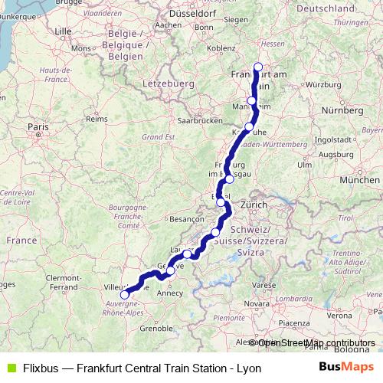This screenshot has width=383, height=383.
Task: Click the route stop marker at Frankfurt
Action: pyautogui.click(x=258, y=67)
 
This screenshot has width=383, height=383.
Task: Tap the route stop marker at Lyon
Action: pyautogui.click(x=125, y=294)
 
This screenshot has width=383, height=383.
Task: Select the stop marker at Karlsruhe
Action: pyautogui.click(x=248, y=127)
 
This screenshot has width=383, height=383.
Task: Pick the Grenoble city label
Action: pyautogui.click(x=157, y=329)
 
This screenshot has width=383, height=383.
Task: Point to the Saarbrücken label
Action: pyautogui.click(x=199, y=121)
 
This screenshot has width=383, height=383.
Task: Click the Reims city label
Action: pyautogui.click(x=96, y=119)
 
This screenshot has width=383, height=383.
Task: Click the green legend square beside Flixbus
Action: pyautogui.click(x=9, y=368)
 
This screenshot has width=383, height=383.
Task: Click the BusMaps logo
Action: pyautogui.click(x=345, y=368)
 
